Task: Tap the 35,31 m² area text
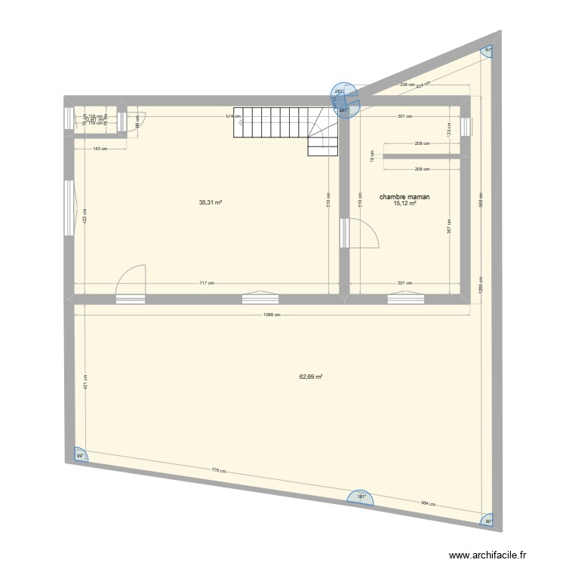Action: click(210, 202)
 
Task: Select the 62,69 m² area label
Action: click(311, 377)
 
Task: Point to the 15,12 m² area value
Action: click(405, 203)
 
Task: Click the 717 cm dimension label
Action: click(207, 284)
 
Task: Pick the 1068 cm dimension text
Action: click(271, 315)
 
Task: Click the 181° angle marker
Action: click(361, 497)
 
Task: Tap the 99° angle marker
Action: click(78, 456)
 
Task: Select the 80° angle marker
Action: click(488, 520)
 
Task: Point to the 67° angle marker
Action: click(488, 50)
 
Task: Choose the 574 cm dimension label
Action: click(232, 116)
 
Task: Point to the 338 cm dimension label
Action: click(407, 85)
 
